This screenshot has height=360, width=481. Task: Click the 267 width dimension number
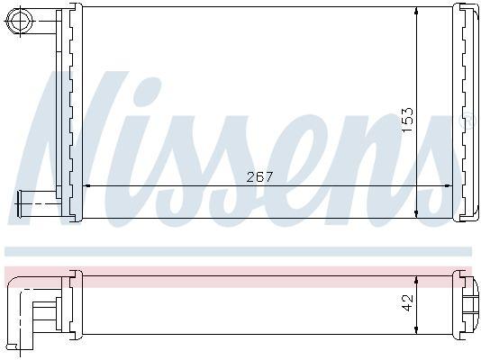coord(259,176)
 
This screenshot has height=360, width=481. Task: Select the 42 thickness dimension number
coord(407,302)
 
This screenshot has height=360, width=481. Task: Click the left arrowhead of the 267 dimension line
coord(87,185)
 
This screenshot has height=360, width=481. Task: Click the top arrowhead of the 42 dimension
coord(416,274)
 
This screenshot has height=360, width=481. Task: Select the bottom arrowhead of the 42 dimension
coord(416,329)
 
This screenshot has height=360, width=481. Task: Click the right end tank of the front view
coord(467,112)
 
